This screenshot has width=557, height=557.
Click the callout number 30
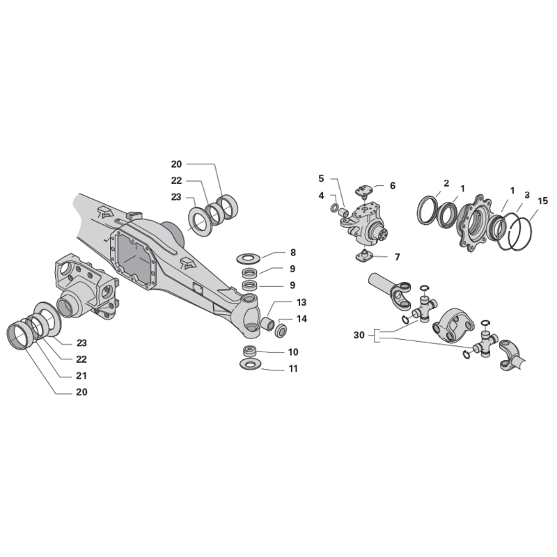tap(359, 335)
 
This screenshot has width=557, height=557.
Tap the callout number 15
tap(543, 201)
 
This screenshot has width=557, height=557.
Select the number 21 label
tap(81, 375)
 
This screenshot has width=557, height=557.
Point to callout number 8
tap(292, 253)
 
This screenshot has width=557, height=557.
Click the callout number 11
tap(293, 369)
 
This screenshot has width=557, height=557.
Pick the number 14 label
tap(301, 319)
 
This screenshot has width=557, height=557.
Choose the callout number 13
tap(301, 302)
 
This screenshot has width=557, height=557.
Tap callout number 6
tap(393, 186)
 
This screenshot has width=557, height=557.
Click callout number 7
tap(397, 256)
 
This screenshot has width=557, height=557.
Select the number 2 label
tap(446, 183)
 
